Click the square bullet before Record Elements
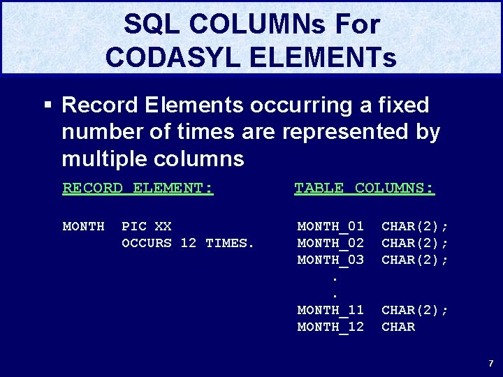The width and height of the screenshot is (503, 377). coord(48,106)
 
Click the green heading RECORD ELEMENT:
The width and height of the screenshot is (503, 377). coord(138,188)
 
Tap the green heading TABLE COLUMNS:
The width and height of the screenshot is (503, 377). coord(364,188)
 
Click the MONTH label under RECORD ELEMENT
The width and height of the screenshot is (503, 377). coord(83,226)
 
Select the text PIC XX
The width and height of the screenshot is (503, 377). coord(146,226)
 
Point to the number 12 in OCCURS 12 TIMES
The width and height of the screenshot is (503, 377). coord(188,243)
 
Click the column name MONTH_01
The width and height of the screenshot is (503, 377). coord(330,226)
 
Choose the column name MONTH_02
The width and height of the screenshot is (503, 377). coord(330,243)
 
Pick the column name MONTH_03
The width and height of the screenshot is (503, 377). coord(330,260)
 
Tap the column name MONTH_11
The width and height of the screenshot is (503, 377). coord(330,310)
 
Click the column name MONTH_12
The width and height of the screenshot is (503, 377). coord(330,327)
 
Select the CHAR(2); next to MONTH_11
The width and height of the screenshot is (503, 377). coord(415,310)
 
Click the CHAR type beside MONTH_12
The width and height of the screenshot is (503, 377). coord(398,327)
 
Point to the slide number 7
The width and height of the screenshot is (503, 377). coord(490,363)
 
